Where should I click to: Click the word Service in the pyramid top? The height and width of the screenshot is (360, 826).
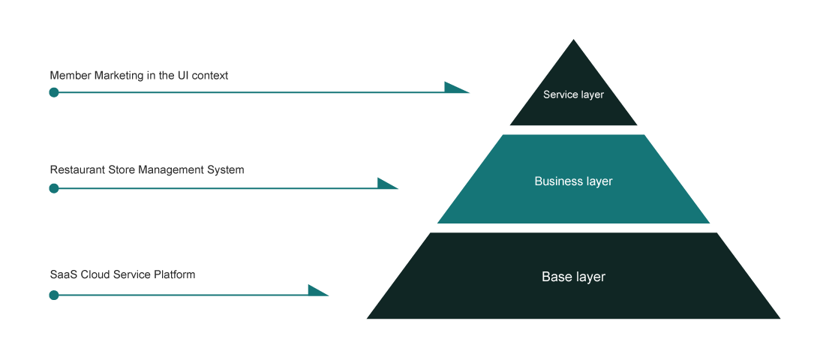click(560, 95)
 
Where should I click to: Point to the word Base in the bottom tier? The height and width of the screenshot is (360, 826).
click(555, 277)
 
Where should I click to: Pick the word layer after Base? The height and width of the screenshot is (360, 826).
click(590, 277)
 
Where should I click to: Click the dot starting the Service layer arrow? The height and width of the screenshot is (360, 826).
click(54, 92)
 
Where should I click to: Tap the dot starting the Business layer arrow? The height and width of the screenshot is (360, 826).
click(54, 188)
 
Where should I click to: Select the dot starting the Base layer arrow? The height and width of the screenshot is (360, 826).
click(54, 295)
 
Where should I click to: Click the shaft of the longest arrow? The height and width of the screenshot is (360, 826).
click(248, 92)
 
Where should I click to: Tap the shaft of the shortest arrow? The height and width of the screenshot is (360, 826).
click(180, 295)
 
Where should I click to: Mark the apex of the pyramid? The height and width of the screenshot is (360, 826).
click(574, 40)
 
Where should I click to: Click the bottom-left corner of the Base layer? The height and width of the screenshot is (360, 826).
click(368, 318)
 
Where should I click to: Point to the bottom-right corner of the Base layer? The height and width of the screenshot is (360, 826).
click(779, 318)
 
